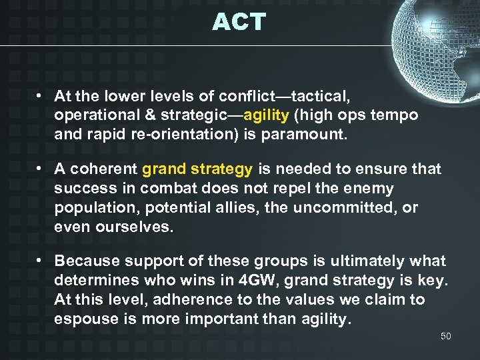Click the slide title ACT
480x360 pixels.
click(239, 22)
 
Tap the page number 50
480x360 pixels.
click(446, 336)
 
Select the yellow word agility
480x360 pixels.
click(267, 115)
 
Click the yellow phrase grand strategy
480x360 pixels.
click(197, 169)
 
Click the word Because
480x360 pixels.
click(87, 261)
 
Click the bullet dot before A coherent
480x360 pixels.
click(41, 169)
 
